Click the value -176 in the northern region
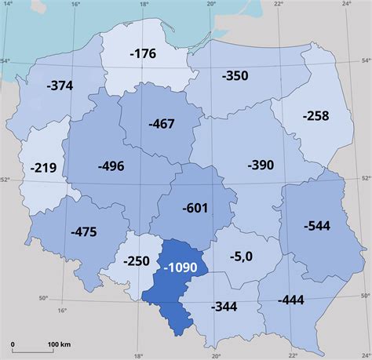[144, 55]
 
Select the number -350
[235, 76]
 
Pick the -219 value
[45, 167]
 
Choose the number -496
[111, 165]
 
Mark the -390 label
[260, 165]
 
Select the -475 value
[83, 231]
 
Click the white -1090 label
[181, 267]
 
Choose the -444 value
[291, 299]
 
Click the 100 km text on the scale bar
[60, 344]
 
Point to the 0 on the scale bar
[13, 344]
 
